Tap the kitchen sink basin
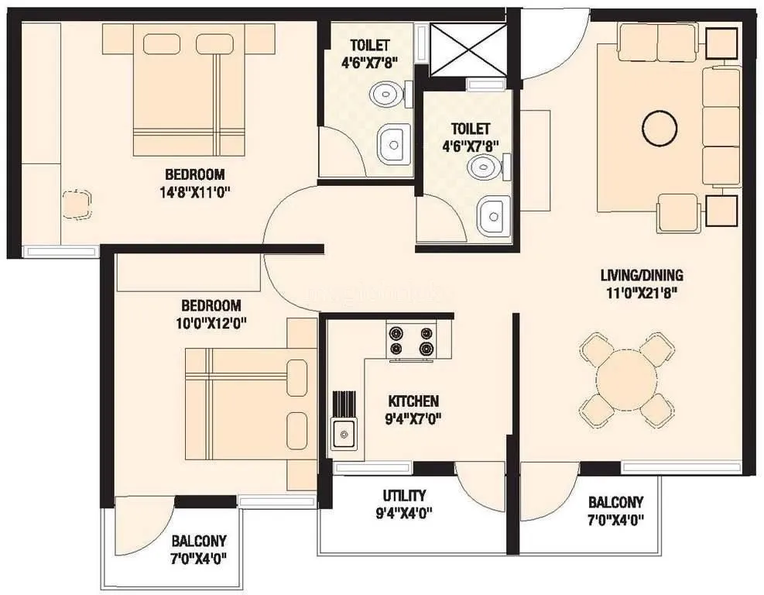(343, 434)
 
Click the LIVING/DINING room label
(642, 275)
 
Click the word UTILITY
(404, 496)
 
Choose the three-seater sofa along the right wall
(721, 126)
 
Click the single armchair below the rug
(679, 212)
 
